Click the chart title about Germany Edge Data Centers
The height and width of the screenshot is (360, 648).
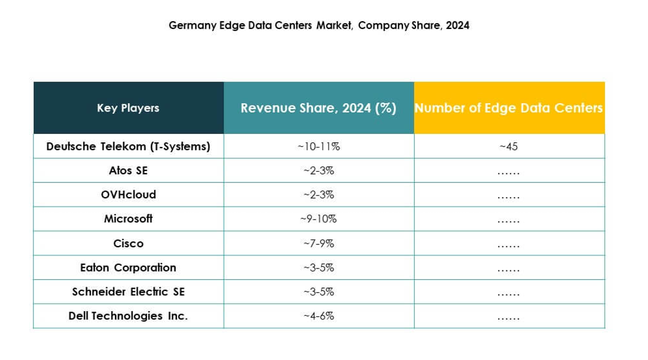319,26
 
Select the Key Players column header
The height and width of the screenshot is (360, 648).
128,108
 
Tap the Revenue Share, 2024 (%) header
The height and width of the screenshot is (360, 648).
318,108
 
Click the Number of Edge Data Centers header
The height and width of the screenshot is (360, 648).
509,108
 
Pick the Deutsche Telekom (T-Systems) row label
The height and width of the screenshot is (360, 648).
128,146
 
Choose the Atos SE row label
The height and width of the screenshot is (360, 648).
128,171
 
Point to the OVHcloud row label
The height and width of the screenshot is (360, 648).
128,194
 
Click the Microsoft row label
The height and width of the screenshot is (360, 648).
128,218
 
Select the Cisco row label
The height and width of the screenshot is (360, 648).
128,243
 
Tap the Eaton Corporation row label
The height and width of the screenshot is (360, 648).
128,267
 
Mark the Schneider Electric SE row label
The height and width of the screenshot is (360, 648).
128,292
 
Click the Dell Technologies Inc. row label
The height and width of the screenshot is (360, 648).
128,316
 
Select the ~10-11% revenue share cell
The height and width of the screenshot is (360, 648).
319,146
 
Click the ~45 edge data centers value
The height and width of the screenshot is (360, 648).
508,146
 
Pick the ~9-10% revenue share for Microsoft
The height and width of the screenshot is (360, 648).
319,219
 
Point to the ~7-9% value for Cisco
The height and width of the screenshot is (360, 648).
319,243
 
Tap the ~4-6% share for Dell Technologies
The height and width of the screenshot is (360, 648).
319,316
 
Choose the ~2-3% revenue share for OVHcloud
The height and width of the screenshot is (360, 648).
319,195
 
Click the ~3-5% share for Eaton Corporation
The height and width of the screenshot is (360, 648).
319,267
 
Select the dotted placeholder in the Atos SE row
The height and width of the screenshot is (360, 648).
508,172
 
